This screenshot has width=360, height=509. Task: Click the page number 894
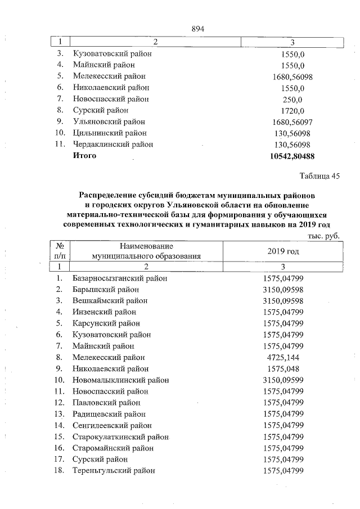(197, 29)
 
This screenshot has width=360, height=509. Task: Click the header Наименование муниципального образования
(146, 251)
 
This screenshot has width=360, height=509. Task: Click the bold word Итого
(84, 156)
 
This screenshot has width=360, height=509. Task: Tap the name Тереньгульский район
(114, 470)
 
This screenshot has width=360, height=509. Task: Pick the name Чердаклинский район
(113, 145)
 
